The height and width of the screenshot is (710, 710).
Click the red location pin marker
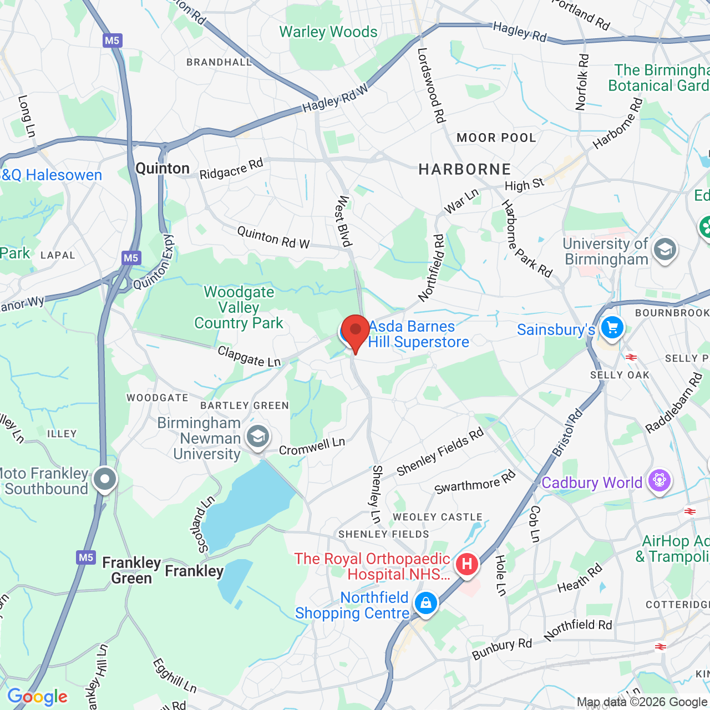(355, 331)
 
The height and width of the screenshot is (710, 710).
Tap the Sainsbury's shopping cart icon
(612, 327)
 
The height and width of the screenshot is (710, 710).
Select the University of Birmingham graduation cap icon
(664, 250)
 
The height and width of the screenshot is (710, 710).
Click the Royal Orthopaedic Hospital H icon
(466, 565)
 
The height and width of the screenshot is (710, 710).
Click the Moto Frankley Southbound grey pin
(105, 479)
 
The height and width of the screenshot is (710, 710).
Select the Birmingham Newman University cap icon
(257, 437)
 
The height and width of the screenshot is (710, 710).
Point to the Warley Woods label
(328, 32)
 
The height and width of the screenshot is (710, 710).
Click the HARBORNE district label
(464, 169)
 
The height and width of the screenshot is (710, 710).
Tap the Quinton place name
(163, 169)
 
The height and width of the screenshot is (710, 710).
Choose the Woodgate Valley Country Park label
(239, 307)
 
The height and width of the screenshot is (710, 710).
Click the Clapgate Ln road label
(249, 357)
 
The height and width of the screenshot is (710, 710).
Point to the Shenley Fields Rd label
(440, 452)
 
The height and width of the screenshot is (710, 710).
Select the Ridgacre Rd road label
(231, 169)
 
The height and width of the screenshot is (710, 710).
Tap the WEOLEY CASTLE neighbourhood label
(437, 517)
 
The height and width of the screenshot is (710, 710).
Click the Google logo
(37, 697)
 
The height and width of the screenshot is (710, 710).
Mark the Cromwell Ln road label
(312, 446)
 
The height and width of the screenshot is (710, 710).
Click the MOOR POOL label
(496, 138)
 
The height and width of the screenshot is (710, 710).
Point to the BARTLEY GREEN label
(245, 405)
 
